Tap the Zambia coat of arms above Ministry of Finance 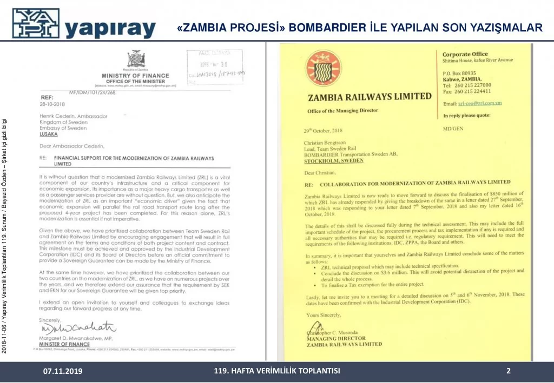tap(135, 58)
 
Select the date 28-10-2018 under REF tap(51, 103)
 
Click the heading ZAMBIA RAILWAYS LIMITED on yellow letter tap(370, 97)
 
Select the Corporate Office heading tap(465, 54)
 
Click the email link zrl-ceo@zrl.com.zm tap(480, 103)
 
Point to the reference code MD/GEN tap(452, 129)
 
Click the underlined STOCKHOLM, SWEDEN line tap(334, 160)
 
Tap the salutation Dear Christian tap(320, 172)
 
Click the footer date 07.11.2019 tap(63, 372)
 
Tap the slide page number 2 tap(509, 371)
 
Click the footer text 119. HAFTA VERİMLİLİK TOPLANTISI tap(277, 371)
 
